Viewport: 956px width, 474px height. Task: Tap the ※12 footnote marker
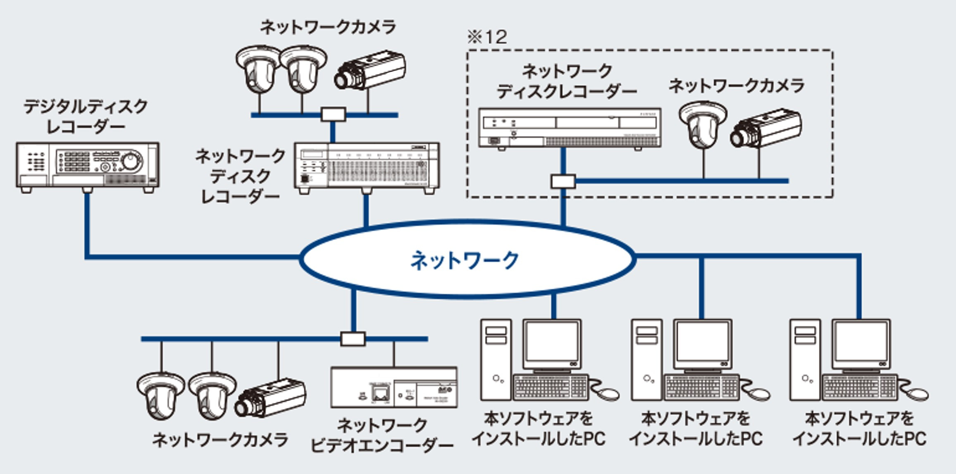[x=487, y=37]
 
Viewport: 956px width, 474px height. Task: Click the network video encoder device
[x=394, y=387]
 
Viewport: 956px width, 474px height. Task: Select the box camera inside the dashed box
[x=766, y=128]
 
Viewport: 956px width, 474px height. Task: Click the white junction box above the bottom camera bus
[x=353, y=339]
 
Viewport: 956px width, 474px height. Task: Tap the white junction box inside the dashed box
[x=563, y=181]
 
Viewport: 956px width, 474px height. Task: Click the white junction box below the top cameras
[x=333, y=114]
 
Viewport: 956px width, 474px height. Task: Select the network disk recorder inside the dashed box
[x=570, y=128]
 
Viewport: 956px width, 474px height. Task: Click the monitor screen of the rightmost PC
[x=861, y=342]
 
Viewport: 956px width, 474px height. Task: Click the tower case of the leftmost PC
[x=496, y=359]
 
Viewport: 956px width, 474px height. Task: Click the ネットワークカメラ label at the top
[x=328, y=27]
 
